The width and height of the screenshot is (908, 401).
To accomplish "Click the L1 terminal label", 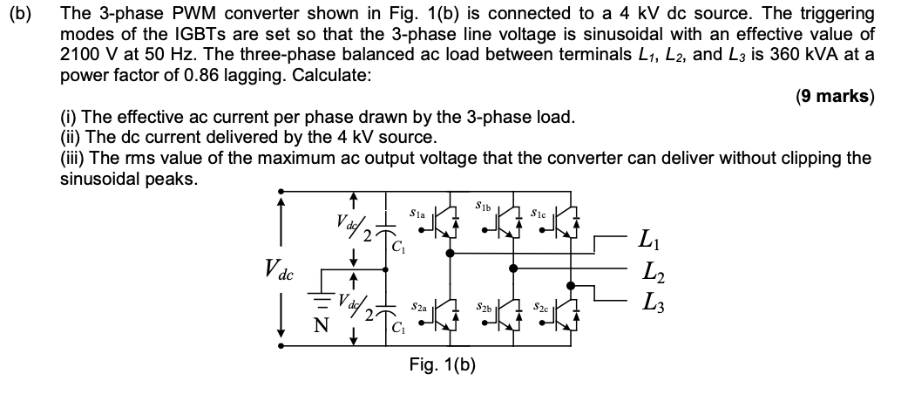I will pyautogui.click(x=648, y=238).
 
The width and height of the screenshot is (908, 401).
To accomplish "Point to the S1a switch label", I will pyautogui.click(x=417, y=211).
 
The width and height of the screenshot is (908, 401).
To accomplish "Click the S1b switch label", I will pyautogui.click(x=485, y=206).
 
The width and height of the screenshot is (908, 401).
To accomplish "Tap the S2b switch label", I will pyautogui.click(x=485, y=308).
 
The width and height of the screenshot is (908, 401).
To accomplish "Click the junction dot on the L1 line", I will pyautogui.click(x=450, y=254).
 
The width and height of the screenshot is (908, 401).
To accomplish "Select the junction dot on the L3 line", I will pyautogui.click(x=572, y=285).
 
